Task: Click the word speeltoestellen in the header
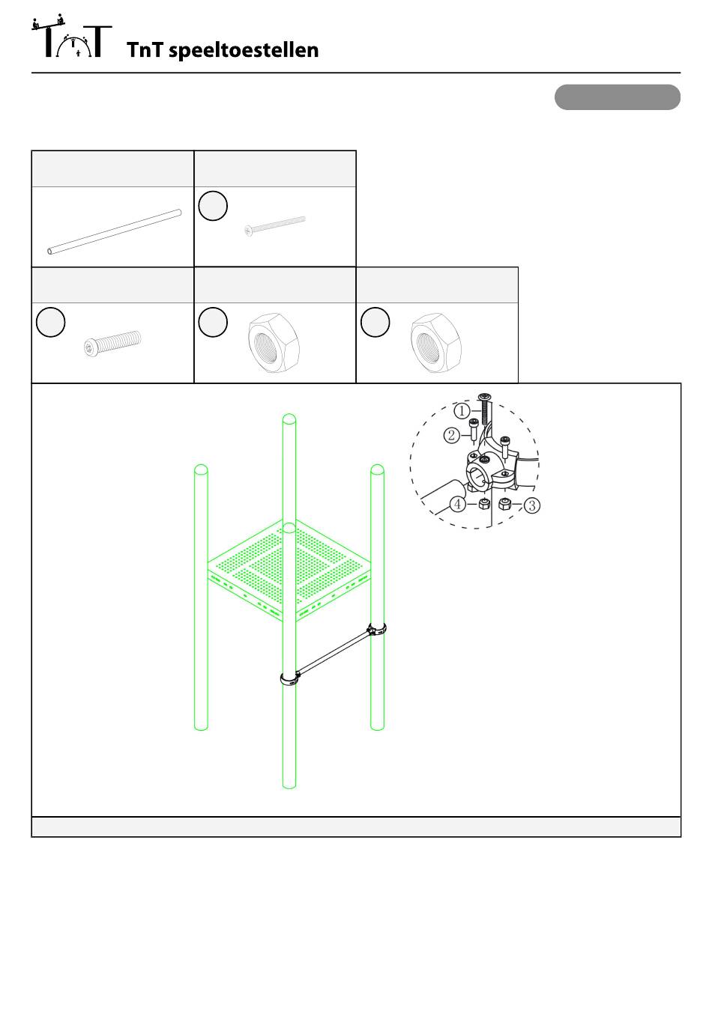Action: (244, 51)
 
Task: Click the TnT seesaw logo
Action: (71, 36)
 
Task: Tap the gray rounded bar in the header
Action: (617, 97)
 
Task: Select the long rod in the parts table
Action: (114, 231)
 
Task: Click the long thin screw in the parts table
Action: (275, 226)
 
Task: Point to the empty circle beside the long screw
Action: (213, 206)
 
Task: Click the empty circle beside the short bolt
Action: (50, 322)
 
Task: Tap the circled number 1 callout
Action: (462, 410)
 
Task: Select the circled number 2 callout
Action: (452, 435)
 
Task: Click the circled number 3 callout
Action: (531, 505)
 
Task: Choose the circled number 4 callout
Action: (457, 504)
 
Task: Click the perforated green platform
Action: (289, 569)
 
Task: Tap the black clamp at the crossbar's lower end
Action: (289, 678)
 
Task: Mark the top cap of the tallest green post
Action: (289, 419)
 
